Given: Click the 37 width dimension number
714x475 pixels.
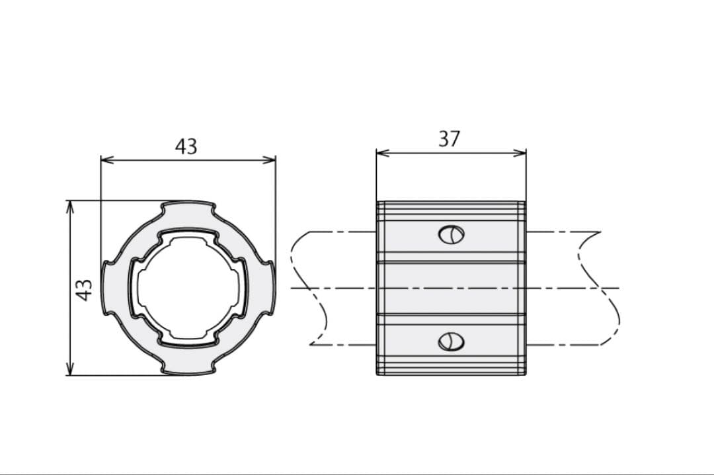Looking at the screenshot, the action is pos(450,139).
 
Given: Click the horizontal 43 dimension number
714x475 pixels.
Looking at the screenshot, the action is pos(186,147).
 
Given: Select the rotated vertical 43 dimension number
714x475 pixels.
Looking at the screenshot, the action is pos(84,290).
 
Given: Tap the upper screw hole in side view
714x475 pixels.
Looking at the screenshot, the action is pos(452,234).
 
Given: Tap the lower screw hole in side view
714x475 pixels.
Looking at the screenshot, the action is pos(452,341).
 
